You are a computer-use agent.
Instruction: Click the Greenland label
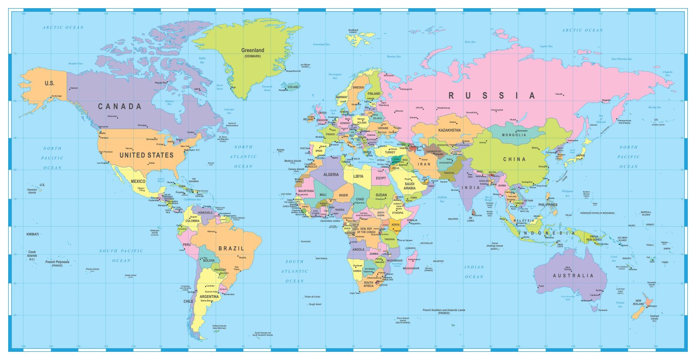tap(252, 50)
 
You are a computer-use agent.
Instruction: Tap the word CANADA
tap(120, 107)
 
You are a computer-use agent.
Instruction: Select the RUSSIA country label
tap(492, 96)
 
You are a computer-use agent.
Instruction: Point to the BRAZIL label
tap(231, 248)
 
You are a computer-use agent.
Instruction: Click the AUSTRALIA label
tap(573, 276)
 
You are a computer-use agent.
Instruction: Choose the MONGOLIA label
tap(514, 135)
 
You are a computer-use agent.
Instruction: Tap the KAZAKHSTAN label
tap(449, 130)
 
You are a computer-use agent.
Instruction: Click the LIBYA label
tap(358, 176)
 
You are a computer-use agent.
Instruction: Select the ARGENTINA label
tap(209, 297)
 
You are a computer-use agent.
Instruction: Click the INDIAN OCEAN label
tap(474, 272)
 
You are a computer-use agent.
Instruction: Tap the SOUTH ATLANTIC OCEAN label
tap(294, 271)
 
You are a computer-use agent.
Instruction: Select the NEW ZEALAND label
tap(638, 303)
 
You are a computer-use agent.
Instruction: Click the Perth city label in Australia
tap(541, 286)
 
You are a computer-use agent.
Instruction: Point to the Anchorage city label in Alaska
tap(56, 96)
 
